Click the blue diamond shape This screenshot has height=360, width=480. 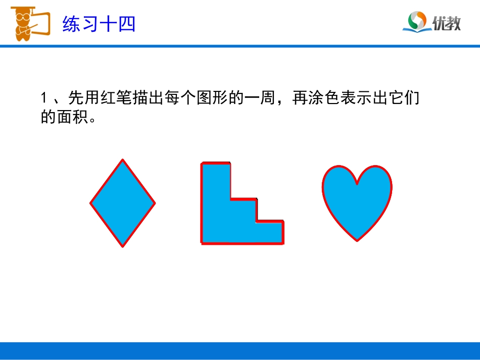click(x=123, y=203)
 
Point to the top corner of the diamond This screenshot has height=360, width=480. click(x=122, y=160)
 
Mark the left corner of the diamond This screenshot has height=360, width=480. click(x=91, y=203)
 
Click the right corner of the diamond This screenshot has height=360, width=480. click(x=155, y=203)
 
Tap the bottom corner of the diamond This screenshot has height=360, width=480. click(x=123, y=246)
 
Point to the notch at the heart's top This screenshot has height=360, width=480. click(x=357, y=184)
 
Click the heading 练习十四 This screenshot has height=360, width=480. click(x=99, y=23)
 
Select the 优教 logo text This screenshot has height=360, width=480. click(x=447, y=23)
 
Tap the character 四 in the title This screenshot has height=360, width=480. click(x=127, y=23)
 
